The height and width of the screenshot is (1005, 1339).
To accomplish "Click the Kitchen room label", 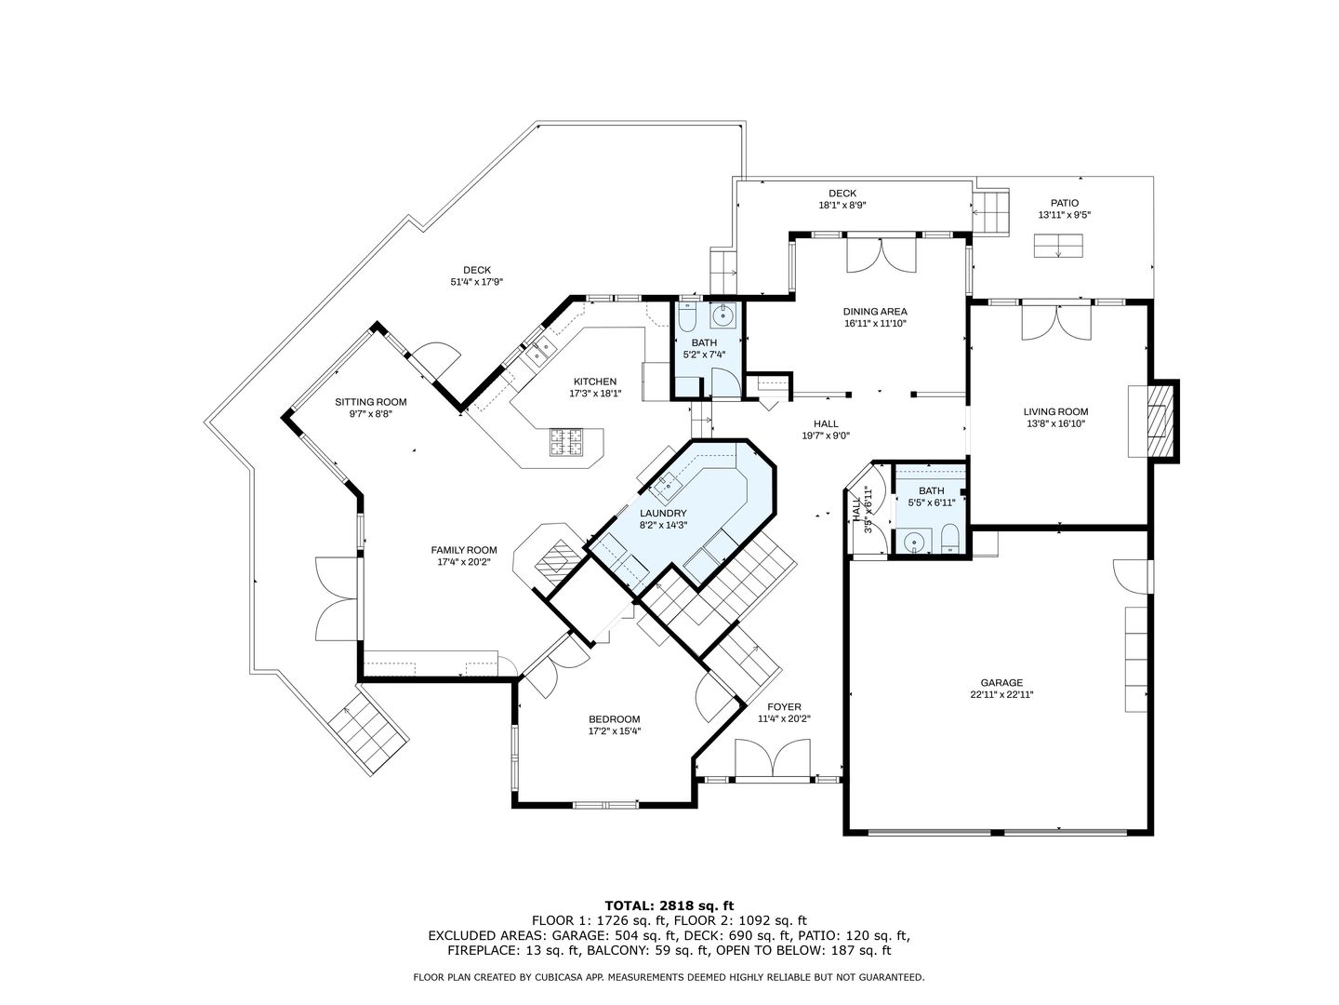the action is point(594,382).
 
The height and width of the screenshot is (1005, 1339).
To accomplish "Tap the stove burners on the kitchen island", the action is point(567,442).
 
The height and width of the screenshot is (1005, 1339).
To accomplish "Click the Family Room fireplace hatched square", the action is point(554,559).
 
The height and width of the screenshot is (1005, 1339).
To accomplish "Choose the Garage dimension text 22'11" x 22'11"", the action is point(1001,694).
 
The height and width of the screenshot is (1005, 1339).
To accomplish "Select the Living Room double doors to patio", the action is point(1056,322).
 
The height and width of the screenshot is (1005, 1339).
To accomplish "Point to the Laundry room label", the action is point(663,513).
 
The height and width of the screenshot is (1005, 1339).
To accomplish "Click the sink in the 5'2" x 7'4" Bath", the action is point(723,315).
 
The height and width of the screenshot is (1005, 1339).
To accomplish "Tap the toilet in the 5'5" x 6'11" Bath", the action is point(950,538).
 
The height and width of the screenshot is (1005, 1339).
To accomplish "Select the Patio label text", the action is point(1065,203).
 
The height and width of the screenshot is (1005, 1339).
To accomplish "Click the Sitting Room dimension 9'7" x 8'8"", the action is point(370,414).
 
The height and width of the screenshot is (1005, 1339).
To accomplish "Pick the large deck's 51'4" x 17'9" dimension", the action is point(476,282).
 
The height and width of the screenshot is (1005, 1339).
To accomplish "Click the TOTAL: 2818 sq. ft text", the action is point(669,904).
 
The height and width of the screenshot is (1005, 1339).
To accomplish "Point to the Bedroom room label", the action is point(615,718).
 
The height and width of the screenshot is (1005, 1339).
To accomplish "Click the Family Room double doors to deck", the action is point(336,598).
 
